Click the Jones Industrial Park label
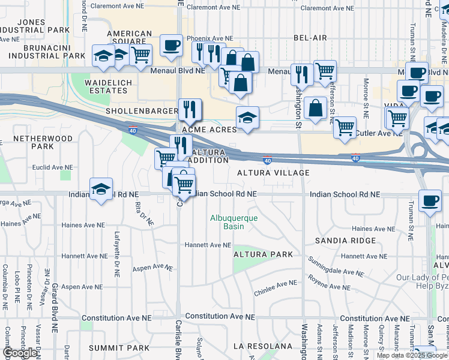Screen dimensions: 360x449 click(32, 26)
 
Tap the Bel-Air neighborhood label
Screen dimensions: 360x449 click(310, 38)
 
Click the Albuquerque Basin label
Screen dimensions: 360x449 click(234, 223)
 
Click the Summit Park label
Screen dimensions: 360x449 click(119, 348)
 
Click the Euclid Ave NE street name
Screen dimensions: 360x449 click(53, 167)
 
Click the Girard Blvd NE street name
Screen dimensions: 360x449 click(55, 305)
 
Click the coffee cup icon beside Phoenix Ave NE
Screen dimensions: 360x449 click(171, 45)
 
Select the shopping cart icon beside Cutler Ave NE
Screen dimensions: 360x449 click(345, 127)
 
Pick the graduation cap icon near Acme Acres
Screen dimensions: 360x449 click(247, 117)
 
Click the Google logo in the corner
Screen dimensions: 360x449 click(20, 353)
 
